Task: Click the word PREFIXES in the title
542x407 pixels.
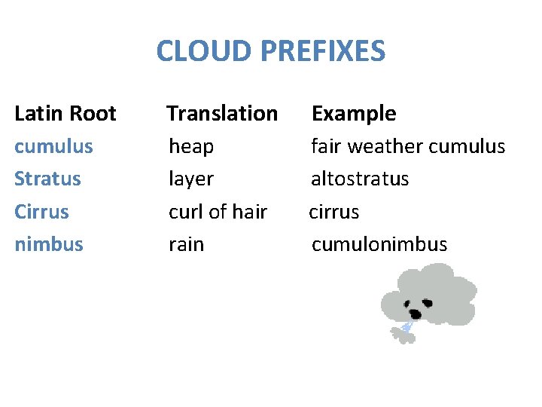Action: click(x=323, y=51)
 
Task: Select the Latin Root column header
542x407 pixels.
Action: click(x=65, y=114)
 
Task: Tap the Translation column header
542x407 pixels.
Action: click(x=222, y=114)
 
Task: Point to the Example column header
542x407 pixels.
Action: click(x=354, y=114)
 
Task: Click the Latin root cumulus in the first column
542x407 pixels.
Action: click(x=54, y=146)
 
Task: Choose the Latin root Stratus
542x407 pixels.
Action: click(x=47, y=179)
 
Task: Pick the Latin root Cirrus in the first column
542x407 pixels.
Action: click(x=41, y=212)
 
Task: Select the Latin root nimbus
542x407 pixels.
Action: click(x=49, y=244)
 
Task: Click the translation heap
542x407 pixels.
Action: click(x=191, y=147)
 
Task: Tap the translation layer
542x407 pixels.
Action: click(x=191, y=179)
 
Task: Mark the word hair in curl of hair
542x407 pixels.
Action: click(x=250, y=212)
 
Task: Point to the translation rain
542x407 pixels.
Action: click(x=186, y=244)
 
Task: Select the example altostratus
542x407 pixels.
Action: click(x=360, y=179)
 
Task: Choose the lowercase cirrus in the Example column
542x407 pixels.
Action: click(x=334, y=212)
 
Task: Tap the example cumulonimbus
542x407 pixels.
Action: click(x=379, y=244)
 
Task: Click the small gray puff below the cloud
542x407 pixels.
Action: click(x=402, y=336)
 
